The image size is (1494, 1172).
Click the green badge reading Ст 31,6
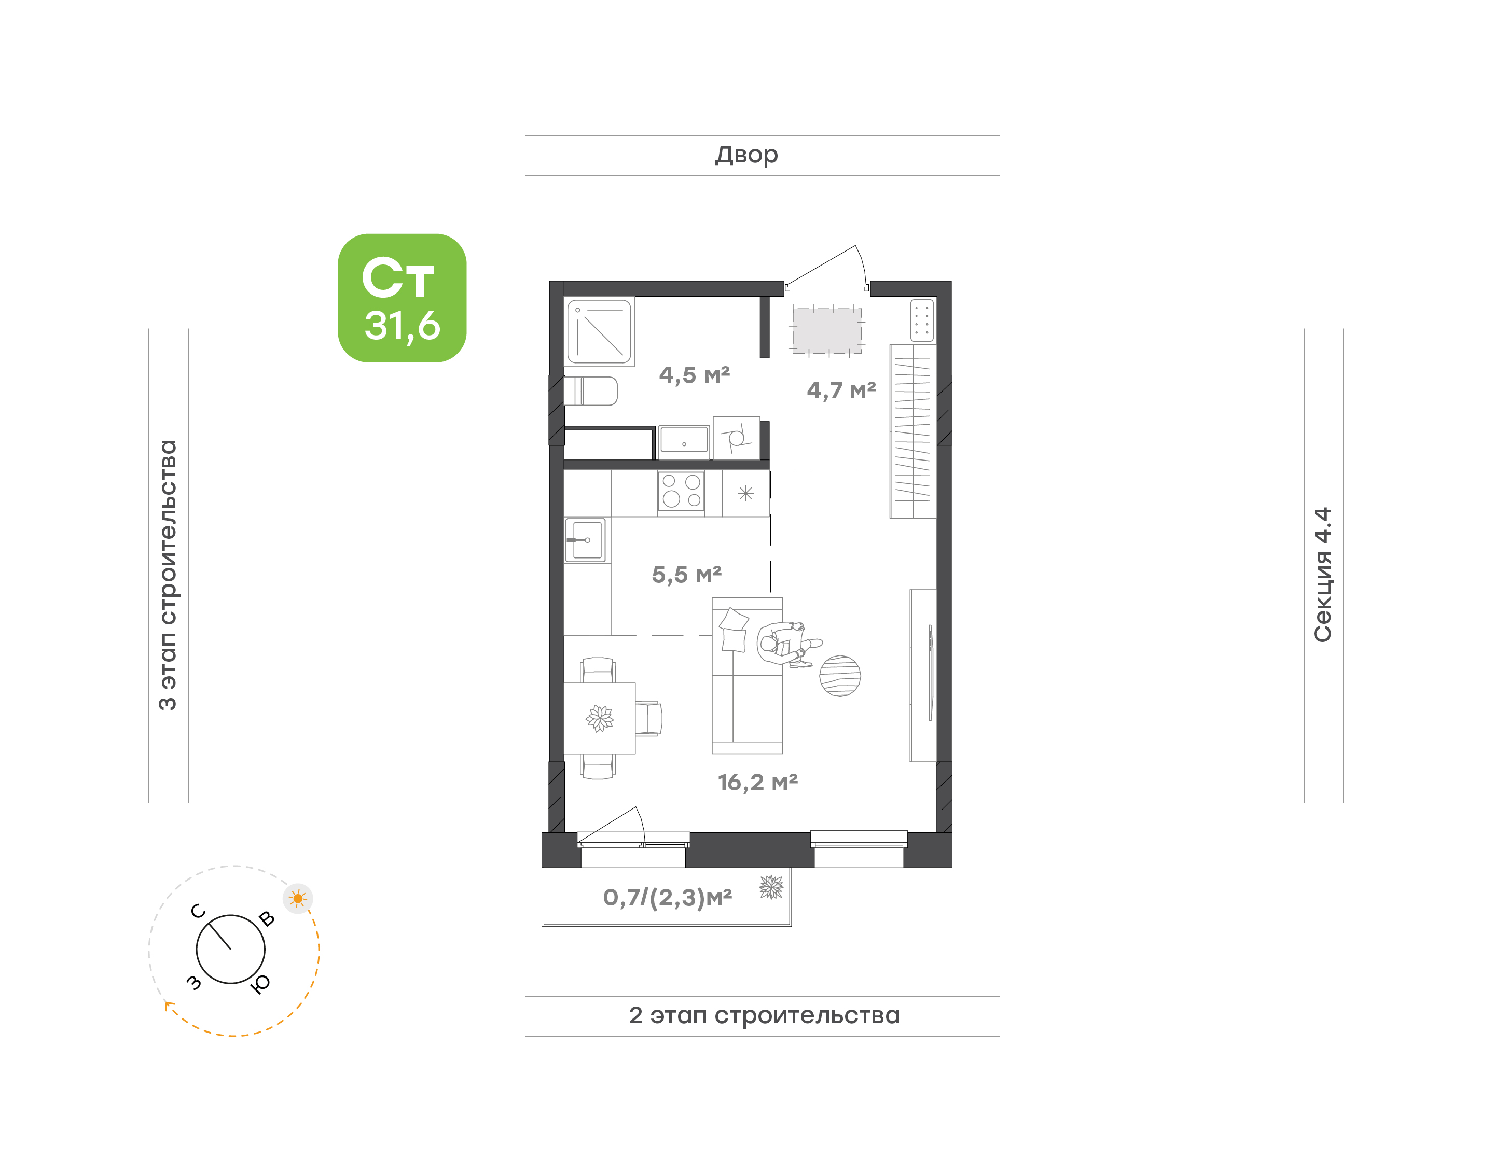[402, 298]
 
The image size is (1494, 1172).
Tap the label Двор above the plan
[746, 155]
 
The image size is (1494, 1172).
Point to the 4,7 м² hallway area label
[841, 390]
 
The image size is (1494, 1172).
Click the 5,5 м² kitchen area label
[686, 575]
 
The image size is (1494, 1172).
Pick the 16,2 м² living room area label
[758, 782]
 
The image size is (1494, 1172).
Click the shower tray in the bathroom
[599, 331]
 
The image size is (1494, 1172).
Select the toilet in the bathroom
[591, 391]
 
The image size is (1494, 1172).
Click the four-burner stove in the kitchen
[681, 491]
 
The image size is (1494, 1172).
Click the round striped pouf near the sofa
[840, 676]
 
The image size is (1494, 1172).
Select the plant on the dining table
[600, 718]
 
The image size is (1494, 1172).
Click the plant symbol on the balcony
[771, 887]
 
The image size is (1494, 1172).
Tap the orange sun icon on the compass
[298, 898]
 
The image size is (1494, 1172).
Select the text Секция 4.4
[1322, 575]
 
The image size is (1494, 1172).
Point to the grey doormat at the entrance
[827, 331]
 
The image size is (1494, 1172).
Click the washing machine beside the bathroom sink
[736, 438]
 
